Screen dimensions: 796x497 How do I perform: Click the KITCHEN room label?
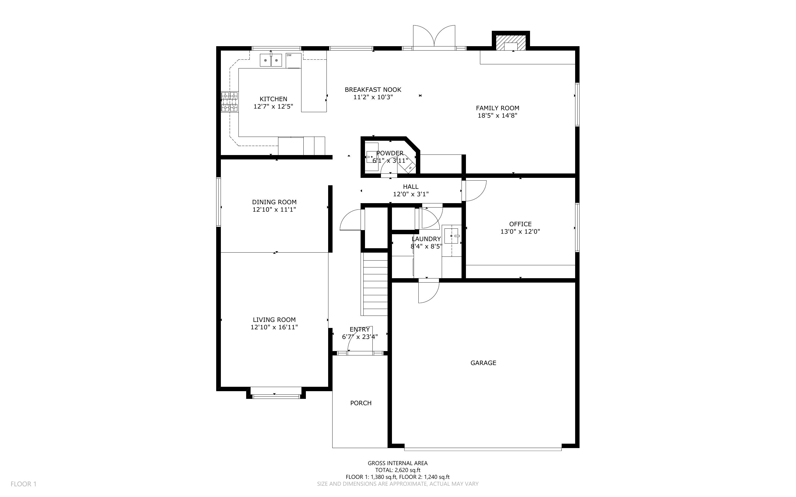coord(273,99)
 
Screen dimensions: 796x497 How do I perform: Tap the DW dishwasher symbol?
coord(293,60)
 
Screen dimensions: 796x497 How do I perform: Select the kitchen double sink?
coord(271,60)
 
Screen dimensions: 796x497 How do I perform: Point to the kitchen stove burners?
coord(229,101)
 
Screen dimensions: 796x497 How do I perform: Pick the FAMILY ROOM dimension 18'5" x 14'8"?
coord(498,115)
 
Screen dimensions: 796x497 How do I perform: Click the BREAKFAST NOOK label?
coord(373,89)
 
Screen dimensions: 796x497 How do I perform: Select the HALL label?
coord(411,187)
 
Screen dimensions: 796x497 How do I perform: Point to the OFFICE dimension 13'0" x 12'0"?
coord(520,231)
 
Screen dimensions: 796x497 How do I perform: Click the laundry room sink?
coord(451,236)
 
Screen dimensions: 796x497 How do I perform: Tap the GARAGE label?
coord(483,363)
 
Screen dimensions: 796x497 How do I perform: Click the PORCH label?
coord(361,403)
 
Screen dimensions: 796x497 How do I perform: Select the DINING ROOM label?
coord(274,202)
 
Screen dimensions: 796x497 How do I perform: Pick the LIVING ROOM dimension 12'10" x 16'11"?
coord(274,327)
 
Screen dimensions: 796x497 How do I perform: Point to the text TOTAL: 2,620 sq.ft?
coord(397,470)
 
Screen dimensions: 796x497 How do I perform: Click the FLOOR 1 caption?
coord(23,484)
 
